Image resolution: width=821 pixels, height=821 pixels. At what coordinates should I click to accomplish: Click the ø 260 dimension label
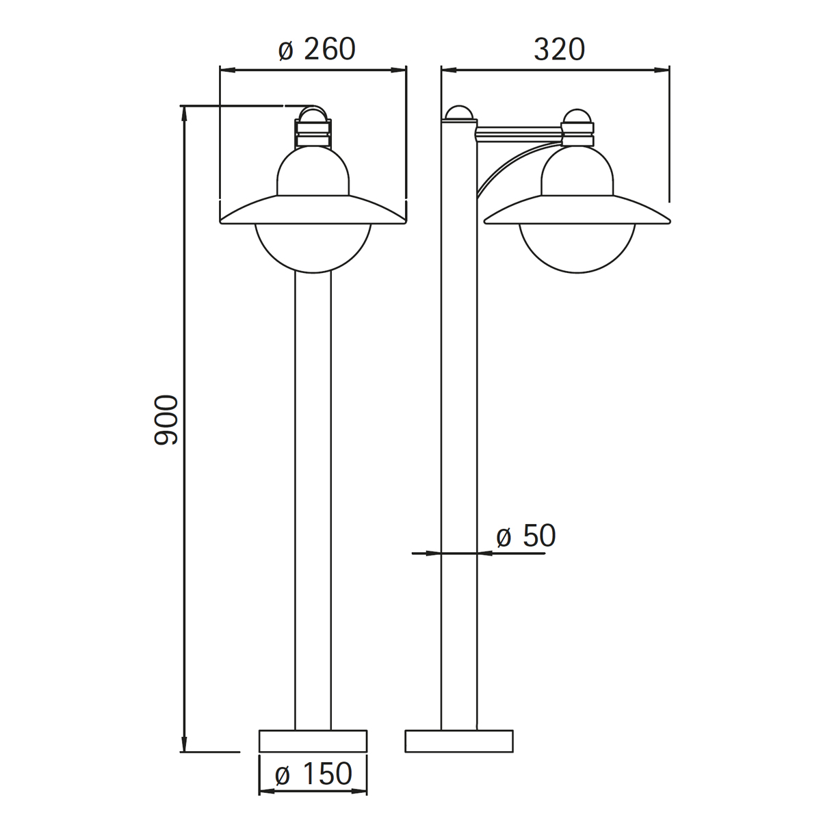[x=317, y=49]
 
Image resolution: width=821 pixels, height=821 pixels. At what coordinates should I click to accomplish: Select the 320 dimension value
[x=559, y=49]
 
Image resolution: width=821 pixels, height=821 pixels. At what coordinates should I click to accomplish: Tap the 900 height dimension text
[x=166, y=420]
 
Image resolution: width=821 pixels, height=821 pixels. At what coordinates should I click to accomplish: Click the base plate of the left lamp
[x=313, y=741]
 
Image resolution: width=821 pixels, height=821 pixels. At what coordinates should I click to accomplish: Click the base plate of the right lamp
[x=459, y=741]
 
